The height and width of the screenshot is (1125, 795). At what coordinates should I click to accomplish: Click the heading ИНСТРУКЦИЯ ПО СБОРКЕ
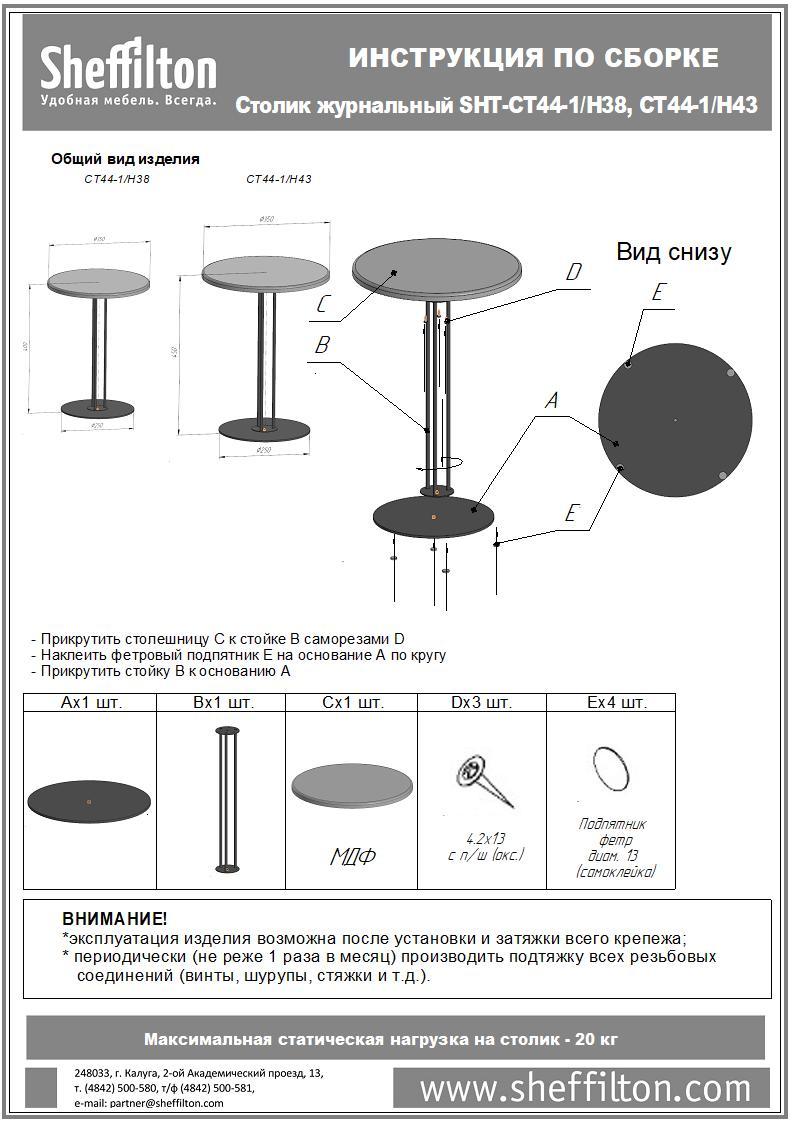point(533,59)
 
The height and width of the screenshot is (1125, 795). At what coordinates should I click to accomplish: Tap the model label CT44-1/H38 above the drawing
point(116,180)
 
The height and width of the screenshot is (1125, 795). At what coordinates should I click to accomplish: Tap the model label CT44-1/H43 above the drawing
point(279,180)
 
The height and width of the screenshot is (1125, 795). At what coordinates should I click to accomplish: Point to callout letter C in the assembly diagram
point(323,305)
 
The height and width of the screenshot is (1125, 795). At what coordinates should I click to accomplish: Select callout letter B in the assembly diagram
point(322,345)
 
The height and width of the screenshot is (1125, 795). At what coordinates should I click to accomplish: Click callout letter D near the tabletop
point(573,272)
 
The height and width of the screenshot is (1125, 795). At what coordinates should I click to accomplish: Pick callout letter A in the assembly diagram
point(551,401)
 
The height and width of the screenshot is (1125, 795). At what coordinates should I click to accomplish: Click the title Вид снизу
point(673,252)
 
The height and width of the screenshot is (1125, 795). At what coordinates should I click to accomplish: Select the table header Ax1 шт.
point(91,703)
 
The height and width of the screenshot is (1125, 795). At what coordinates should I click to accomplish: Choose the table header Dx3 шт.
point(481,703)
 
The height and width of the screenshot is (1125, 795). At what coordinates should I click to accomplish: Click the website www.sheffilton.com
point(585,1088)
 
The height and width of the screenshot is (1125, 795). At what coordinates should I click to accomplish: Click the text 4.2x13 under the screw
point(485,838)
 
